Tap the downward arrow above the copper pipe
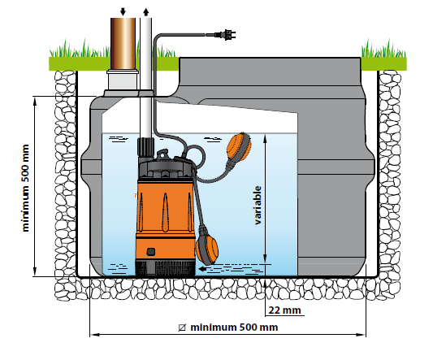point(123,11)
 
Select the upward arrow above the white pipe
point(146,11)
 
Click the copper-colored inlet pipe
point(123,43)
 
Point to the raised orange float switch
point(238,148)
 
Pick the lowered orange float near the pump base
point(207,249)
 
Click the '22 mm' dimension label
point(284,310)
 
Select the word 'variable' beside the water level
point(258,205)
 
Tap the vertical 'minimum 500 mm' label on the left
point(26,188)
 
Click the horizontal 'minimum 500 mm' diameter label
point(234,327)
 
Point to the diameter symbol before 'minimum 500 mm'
point(182,327)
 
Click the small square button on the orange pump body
point(151,251)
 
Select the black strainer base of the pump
point(165,269)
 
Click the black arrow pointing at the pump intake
point(206,269)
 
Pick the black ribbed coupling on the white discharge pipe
point(145,146)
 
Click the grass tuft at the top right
point(383,49)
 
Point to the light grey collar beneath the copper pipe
point(123,80)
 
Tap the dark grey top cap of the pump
point(166,168)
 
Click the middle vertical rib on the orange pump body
point(165,212)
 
